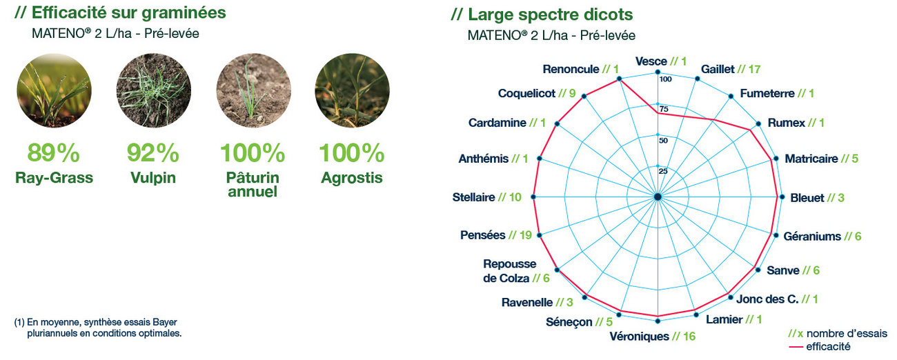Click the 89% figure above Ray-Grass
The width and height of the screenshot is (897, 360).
(x=54, y=153)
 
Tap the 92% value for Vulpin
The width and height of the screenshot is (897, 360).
(x=153, y=153)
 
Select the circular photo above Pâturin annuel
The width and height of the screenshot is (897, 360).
(x=253, y=90)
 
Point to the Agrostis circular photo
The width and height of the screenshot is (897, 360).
(x=352, y=90)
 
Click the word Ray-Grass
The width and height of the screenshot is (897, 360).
(x=54, y=177)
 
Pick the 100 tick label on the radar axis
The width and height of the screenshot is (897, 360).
(x=666, y=79)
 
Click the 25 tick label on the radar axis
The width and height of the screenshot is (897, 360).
(x=663, y=172)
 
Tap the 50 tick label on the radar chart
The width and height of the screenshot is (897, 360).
(x=664, y=141)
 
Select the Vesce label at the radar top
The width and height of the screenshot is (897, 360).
(x=651, y=61)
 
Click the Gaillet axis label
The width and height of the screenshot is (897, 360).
(x=718, y=69)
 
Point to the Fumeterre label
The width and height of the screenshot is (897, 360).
(x=767, y=93)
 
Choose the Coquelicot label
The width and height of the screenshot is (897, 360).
(x=526, y=93)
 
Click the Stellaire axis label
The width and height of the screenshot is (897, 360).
(x=474, y=197)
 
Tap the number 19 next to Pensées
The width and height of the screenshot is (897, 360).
(x=526, y=235)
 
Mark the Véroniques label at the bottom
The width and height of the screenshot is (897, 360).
(x=639, y=337)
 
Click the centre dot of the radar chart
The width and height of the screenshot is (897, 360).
(x=658, y=197)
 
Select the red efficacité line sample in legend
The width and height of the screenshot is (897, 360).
(x=796, y=347)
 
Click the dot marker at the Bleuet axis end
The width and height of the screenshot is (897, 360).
(x=782, y=197)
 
